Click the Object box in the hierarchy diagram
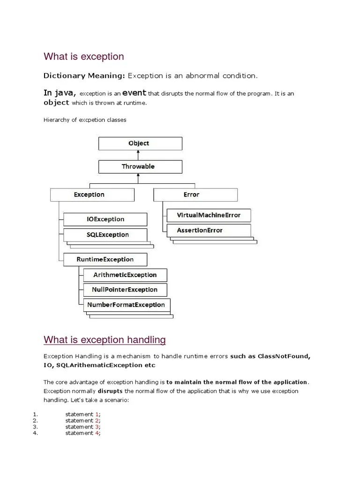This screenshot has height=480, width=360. [x=140, y=143]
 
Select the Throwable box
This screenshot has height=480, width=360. [x=140, y=166]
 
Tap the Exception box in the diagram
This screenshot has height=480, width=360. [x=92, y=195]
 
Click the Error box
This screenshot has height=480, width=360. [x=195, y=195]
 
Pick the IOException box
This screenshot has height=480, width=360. [x=105, y=219]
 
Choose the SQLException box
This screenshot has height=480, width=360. [x=105, y=234]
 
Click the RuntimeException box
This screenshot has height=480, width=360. [x=105, y=259]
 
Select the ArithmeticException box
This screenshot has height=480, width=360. [x=124, y=275]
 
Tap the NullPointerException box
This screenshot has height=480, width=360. [x=124, y=290]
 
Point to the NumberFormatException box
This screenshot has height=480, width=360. [x=126, y=305]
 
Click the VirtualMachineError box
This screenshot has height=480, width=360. [x=209, y=215]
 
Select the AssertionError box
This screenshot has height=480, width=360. [x=209, y=230]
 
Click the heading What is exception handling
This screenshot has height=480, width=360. [x=105, y=339]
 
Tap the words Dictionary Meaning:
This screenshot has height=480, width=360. [x=84, y=75]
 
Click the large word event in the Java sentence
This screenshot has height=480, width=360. [x=135, y=93]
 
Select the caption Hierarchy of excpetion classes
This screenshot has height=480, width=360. [x=85, y=120]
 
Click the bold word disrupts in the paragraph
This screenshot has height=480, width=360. [x=111, y=390]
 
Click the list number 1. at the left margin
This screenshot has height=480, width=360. [x=35, y=414]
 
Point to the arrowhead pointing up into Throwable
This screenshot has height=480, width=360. [x=137, y=176]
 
